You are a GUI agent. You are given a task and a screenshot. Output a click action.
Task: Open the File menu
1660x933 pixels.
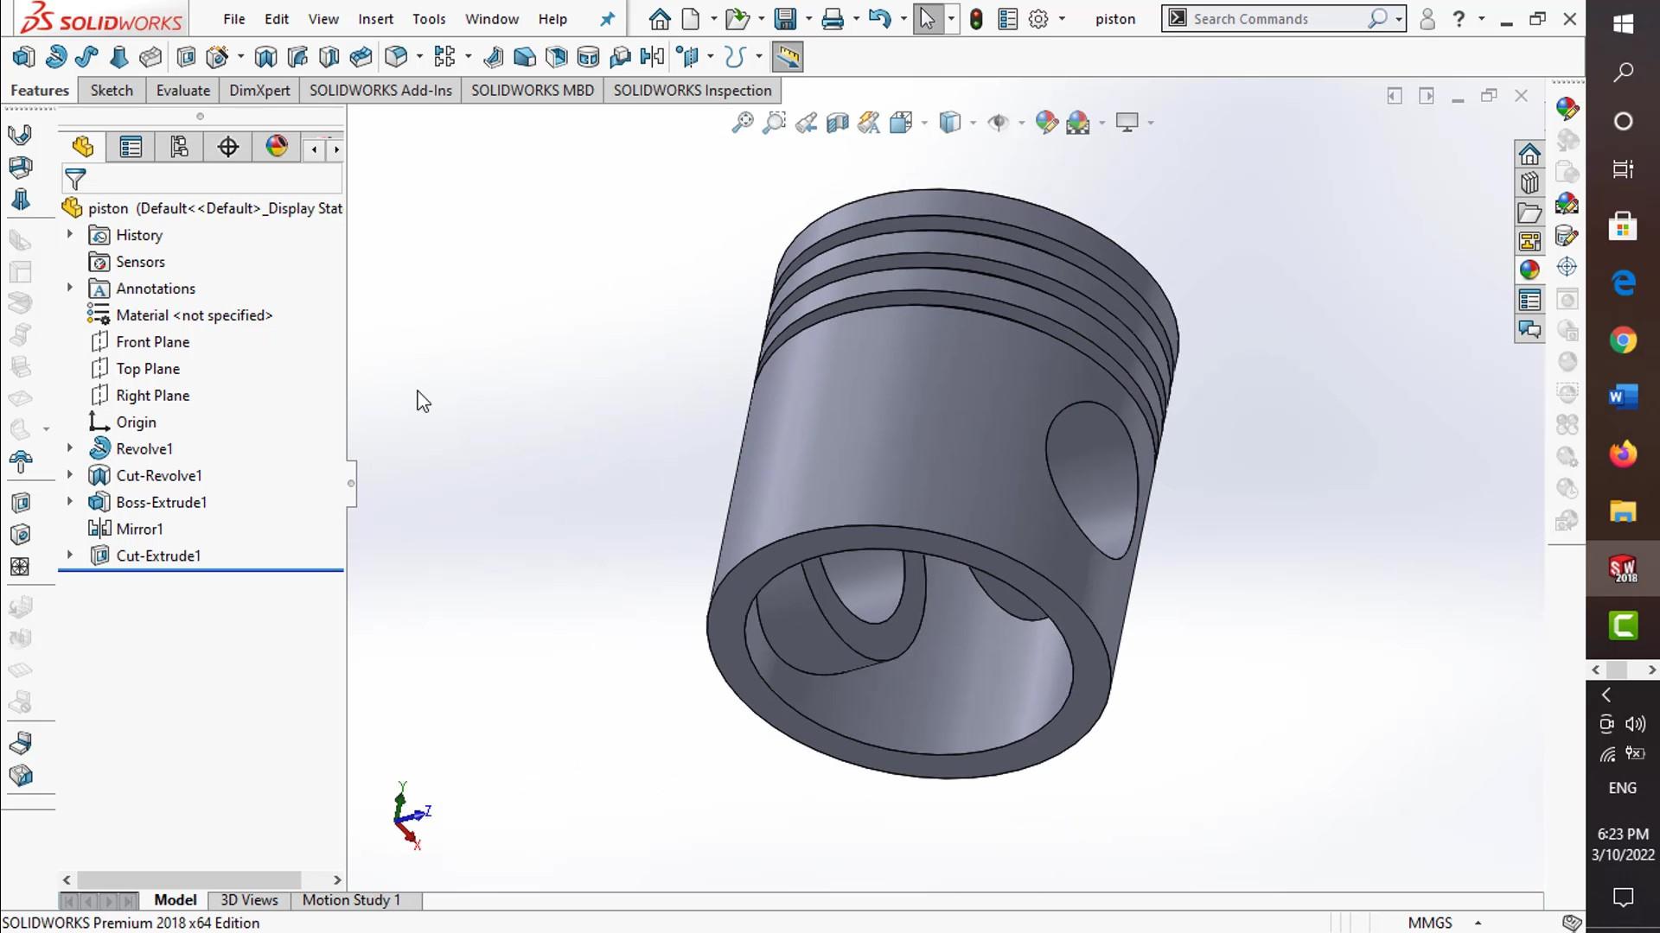tap(233, 19)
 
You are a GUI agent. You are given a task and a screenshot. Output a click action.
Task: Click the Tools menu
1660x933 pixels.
tap(429, 19)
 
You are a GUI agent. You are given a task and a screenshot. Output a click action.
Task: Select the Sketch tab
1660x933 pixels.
tap(112, 91)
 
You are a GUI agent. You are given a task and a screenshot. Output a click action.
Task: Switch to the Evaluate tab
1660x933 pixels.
tap(182, 91)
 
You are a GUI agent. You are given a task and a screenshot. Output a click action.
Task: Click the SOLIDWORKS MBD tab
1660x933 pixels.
tap(532, 91)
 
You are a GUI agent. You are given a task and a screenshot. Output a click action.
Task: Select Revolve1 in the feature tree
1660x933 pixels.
tap(144, 449)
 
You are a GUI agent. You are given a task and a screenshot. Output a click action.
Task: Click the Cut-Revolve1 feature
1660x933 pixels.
tap(158, 476)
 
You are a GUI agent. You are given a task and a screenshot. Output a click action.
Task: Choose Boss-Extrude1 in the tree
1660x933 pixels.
tap(161, 503)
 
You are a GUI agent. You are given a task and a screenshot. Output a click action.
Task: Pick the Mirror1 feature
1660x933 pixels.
tap(139, 530)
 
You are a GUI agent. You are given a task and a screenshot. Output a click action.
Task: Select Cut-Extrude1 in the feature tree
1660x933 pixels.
tap(158, 556)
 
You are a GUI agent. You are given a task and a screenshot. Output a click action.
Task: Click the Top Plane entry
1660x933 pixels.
tap(148, 369)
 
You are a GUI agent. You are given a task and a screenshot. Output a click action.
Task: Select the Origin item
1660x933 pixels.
tap(136, 422)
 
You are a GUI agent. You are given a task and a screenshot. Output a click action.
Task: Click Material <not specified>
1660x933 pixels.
tap(194, 315)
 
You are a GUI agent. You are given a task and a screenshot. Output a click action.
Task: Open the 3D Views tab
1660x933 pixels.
tap(249, 900)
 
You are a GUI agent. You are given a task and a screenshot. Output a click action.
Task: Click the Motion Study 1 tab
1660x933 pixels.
tap(351, 900)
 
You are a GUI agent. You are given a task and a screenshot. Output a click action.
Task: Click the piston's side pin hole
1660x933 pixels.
tap(1092, 479)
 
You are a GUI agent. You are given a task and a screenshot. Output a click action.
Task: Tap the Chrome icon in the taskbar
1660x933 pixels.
tap(1623, 340)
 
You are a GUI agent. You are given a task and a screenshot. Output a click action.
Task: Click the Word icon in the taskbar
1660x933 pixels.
tap(1623, 397)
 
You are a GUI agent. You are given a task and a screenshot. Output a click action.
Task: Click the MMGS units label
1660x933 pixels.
tap(1429, 923)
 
